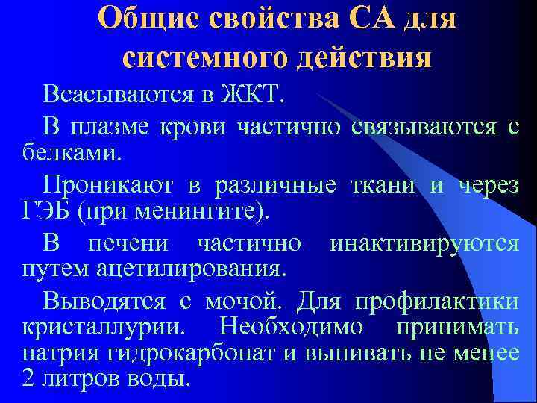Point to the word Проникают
tap(118, 184)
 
